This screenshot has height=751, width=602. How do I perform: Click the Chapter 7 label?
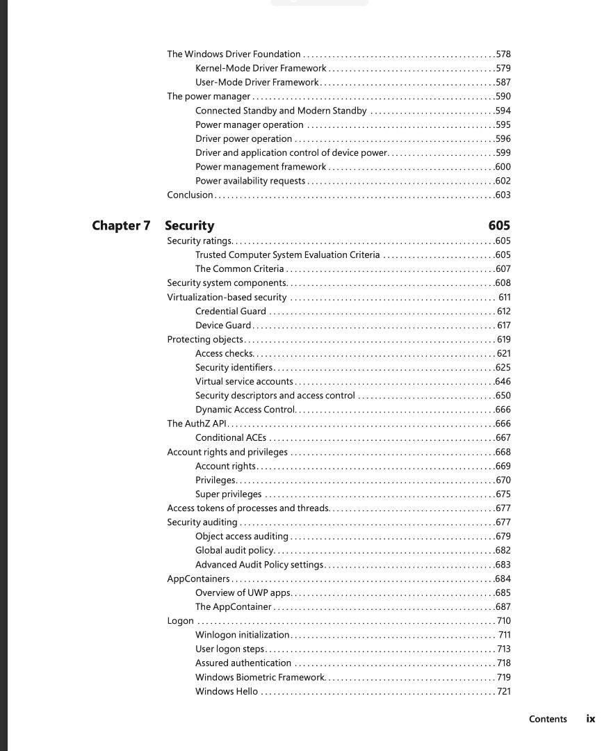pyautogui.click(x=121, y=225)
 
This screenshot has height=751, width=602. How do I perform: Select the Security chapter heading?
pyautogui.click(x=190, y=225)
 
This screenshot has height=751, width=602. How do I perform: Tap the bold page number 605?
pyautogui.click(x=498, y=225)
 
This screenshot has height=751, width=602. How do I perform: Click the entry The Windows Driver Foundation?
pyautogui.click(x=234, y=54)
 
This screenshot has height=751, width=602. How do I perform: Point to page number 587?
pyautogui.click(x=503, y=82)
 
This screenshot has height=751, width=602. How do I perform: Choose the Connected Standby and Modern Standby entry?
pyautogui.click(x=281, y=111)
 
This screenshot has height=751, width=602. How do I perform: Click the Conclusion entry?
pyautogui.click(x=190, y=195)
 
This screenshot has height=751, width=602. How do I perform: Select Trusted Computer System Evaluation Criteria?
pyautogui.click(x=287, y=255)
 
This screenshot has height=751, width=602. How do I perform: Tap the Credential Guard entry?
pyautogui.click(x=230, y=311)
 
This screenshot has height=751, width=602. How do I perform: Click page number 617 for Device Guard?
pyautogui.click(x=504, y=325)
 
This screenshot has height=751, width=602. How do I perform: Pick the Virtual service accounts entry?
pyautogui.click(x=244, y=381)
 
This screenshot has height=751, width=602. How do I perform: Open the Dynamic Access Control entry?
pyautogui.click(x=245, y=410)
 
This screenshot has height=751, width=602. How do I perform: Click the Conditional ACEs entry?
pyautogui.click(x=230, y=437)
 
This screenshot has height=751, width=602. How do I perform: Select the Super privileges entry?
pyautogui.click(x=228, y=494)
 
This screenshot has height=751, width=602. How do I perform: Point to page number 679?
pyautogui.click(x=503, y=536)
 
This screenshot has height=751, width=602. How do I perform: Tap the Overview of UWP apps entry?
pyautogui.click(x=243, y=592)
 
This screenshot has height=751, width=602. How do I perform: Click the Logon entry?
pyautogui.click(x=180, y=620)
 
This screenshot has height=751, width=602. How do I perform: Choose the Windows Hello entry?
pyautogui.click(x=226, y=691)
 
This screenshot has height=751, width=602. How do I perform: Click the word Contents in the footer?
pyautogui.click(x=548, y=719)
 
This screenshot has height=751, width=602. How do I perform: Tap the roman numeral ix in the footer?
pyautogui.click(x=590, y=719)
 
